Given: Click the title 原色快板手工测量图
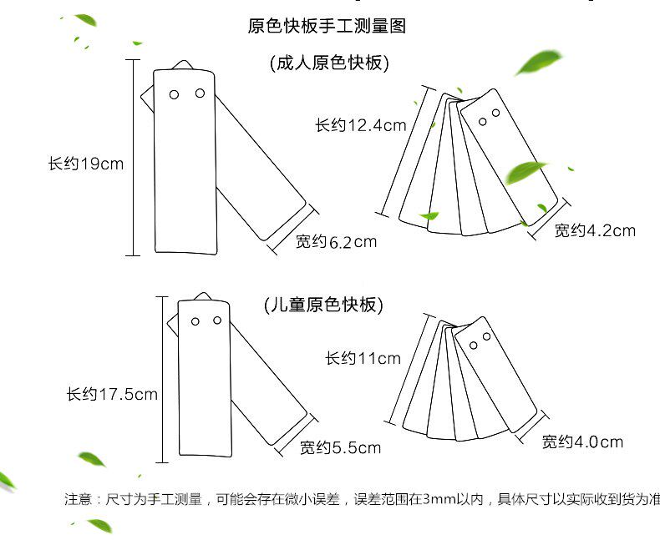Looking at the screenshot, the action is pyautogui.click(x=327, y=26).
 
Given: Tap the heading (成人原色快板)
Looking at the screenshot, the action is pyautogui.click(x=329, y=63).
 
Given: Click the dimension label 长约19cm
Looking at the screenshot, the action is pyautogui.click(x=85, y=164).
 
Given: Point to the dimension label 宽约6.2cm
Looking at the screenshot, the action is pyautogui.click(x=337, y=242).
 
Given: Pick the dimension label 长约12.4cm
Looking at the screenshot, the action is pyautogui.click(x=360, y=126).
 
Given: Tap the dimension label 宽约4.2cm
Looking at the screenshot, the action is pyautogui.click(x=595, y=230).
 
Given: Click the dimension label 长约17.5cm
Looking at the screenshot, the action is pyautogui.click(x=112, y=394).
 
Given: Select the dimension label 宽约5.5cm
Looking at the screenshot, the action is pyautogui.click(x=340, y=448).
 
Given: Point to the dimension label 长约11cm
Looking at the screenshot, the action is pyautogui.click(x=363, y=359).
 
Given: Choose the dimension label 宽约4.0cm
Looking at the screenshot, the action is pyautogui.click(x=582, y=442).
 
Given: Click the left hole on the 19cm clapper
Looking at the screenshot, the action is pyautogui.click(x=174, y=94).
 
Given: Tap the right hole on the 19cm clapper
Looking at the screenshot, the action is pyautogui.click(x=200, y=93).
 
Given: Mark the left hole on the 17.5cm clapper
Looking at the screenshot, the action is pyautogui.click(x=195, y=321).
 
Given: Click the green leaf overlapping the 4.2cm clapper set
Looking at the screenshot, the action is pyautogui.click(x=525, y=173).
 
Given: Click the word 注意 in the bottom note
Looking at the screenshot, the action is pyautogui.click(x=77, y=499).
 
